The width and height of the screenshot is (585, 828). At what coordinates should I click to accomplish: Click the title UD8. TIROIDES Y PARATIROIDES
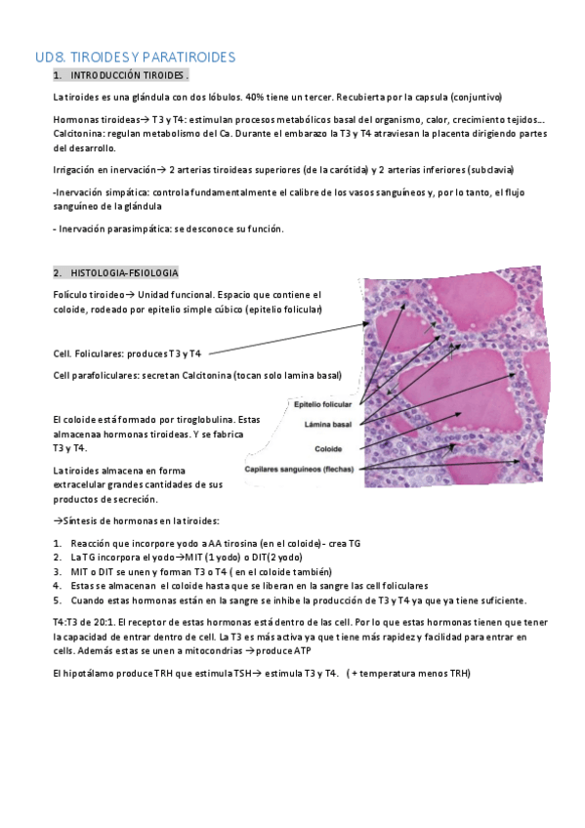point(135,58)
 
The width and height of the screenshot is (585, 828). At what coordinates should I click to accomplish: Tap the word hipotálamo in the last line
point(85,672)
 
